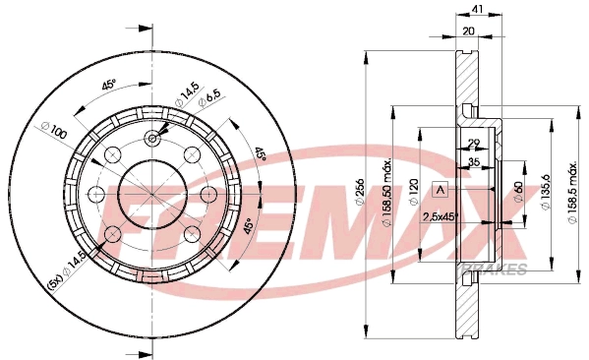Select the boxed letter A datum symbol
441,190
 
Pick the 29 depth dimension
474,145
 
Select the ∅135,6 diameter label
540,188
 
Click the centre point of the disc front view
152,194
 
